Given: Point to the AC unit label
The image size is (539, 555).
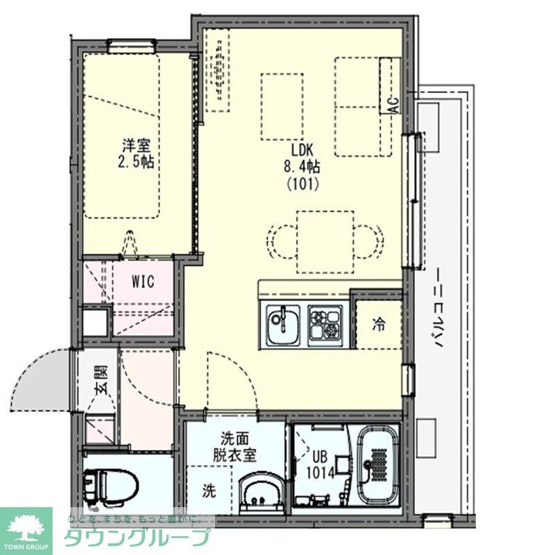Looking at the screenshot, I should click(393, 106).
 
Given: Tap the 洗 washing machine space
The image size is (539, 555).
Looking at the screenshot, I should click(209, 490).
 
